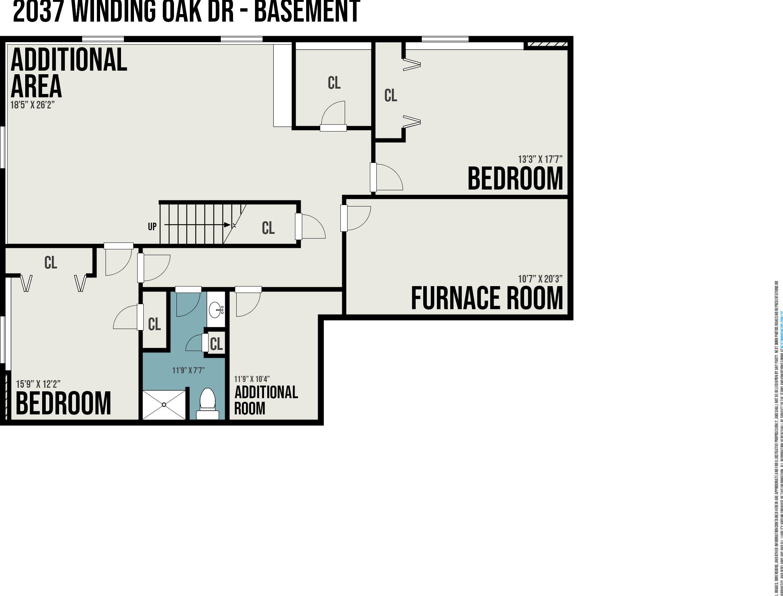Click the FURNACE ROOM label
pos(487,298)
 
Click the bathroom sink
pos(216,310)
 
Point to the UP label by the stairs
pos(152,227)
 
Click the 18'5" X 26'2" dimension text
pos(32,105)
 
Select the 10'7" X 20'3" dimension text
pos(540,279)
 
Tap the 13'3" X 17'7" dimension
pos(540,159)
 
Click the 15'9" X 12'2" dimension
pos(38,384)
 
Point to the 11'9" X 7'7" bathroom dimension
pos(188,370)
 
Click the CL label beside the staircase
pos(268,228)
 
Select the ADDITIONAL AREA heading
pos(68,73)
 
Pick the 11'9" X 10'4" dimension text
pos(252,379)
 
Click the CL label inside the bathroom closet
pos(216,344)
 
